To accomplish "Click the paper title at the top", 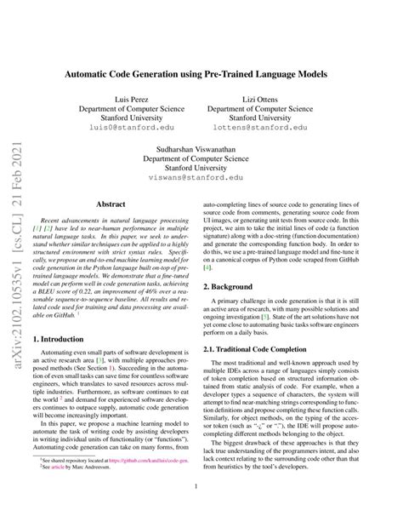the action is pos(201,75).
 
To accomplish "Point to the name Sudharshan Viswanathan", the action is pos(201,146).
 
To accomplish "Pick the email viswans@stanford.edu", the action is pos(201,179).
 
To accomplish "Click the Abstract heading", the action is pos(112,204).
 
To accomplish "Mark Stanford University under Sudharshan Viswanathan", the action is pos(201,168).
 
